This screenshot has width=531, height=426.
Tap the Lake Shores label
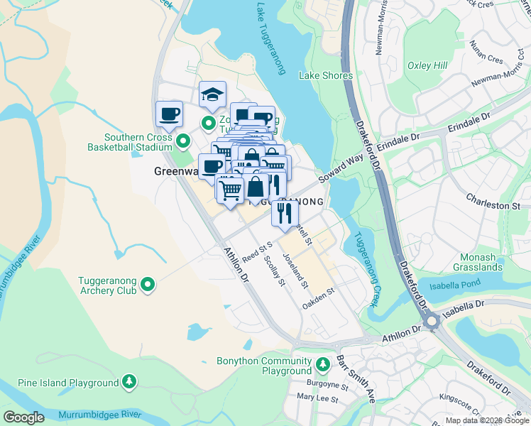coord(326,75)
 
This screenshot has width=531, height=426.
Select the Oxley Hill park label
coord(427,65)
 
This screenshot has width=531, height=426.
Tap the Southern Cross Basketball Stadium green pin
coord(183,142)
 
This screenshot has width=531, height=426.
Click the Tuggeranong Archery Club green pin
coord(148,285)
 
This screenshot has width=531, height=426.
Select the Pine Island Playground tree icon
coord(129,383)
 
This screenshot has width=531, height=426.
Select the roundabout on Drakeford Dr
coord(430,322)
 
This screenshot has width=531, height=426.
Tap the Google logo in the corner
coord(23,417)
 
